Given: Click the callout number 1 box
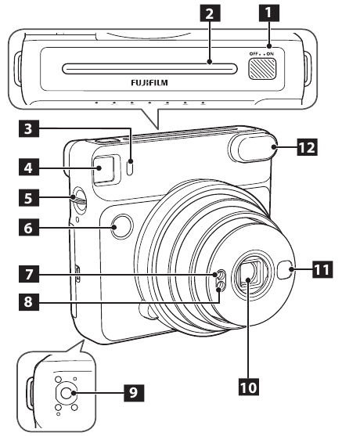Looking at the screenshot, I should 270,13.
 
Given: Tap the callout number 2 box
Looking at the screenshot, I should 207,13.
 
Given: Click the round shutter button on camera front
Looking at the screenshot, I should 120,227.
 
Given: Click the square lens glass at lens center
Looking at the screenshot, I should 248,277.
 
